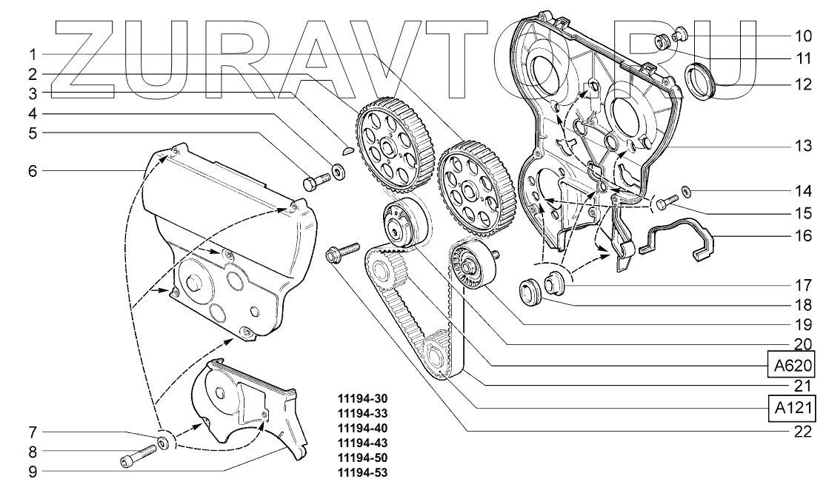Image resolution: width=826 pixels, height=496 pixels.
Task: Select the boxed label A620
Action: tap(793, 365)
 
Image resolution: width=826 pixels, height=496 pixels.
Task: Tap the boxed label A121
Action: tap(793, 407)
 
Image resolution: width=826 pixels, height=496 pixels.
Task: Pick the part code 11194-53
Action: tap(362, 472)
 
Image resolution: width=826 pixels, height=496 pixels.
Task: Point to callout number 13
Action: tap(804, 147)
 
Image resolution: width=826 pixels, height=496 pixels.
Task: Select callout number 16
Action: tap(804, 237)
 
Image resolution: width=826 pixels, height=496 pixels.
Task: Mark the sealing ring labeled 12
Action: tap(701, 81)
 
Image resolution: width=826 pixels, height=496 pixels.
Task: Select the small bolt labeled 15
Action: tap(667, 199)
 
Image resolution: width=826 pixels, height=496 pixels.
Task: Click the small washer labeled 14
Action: tap(687, 192)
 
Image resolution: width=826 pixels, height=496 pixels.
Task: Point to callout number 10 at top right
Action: tap(804, 35)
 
